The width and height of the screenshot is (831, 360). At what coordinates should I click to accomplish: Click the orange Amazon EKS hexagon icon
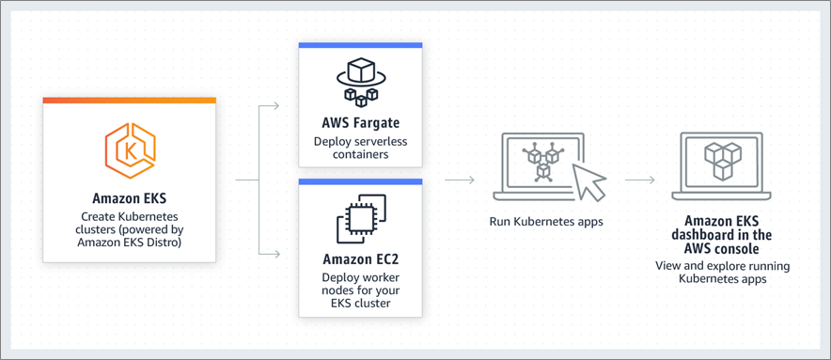click(x=130, y=149)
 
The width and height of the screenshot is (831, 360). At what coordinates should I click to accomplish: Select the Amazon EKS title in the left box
click(x=130, y=198)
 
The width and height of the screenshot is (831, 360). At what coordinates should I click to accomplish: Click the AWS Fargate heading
click(x=361, y=123)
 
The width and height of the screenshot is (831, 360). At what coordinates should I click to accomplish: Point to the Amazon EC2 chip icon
click(x=361, y=219)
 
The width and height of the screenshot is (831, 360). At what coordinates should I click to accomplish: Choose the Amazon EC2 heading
click(x=361, y=258)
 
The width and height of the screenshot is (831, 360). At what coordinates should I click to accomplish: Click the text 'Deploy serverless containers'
click(x=361, y=148)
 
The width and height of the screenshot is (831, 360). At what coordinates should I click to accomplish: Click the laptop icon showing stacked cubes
click(x=722, y=166)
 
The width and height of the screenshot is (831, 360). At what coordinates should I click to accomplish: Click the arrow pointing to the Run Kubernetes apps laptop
click(x=459, y=180)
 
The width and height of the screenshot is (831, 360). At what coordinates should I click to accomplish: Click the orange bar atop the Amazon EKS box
click(x=130, y=100)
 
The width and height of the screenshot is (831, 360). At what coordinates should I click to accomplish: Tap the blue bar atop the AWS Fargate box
click(x=361, y=45)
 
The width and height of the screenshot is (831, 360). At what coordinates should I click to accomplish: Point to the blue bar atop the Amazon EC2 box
click(x=361, y=181)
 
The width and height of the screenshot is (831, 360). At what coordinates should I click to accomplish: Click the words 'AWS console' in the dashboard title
click(x=722, y=249)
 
